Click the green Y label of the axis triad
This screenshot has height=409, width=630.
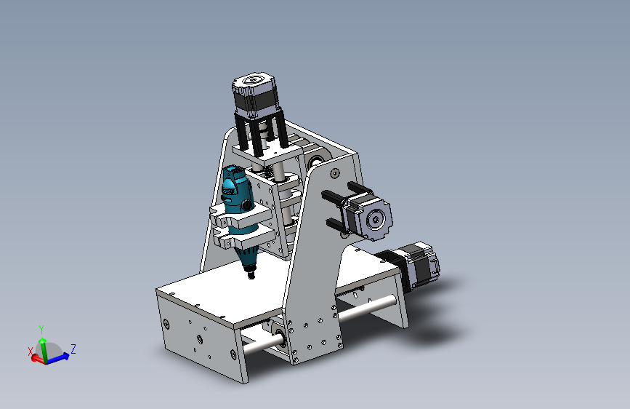[x=41, y=330]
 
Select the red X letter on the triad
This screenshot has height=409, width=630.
[x=31, y=352]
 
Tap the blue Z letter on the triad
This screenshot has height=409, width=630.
[x=73, y=349]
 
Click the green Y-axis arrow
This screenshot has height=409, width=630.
[x=43, y=349]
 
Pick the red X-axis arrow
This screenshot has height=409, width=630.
[x=39, y=359]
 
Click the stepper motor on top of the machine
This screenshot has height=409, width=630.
[x=254, y=95]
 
